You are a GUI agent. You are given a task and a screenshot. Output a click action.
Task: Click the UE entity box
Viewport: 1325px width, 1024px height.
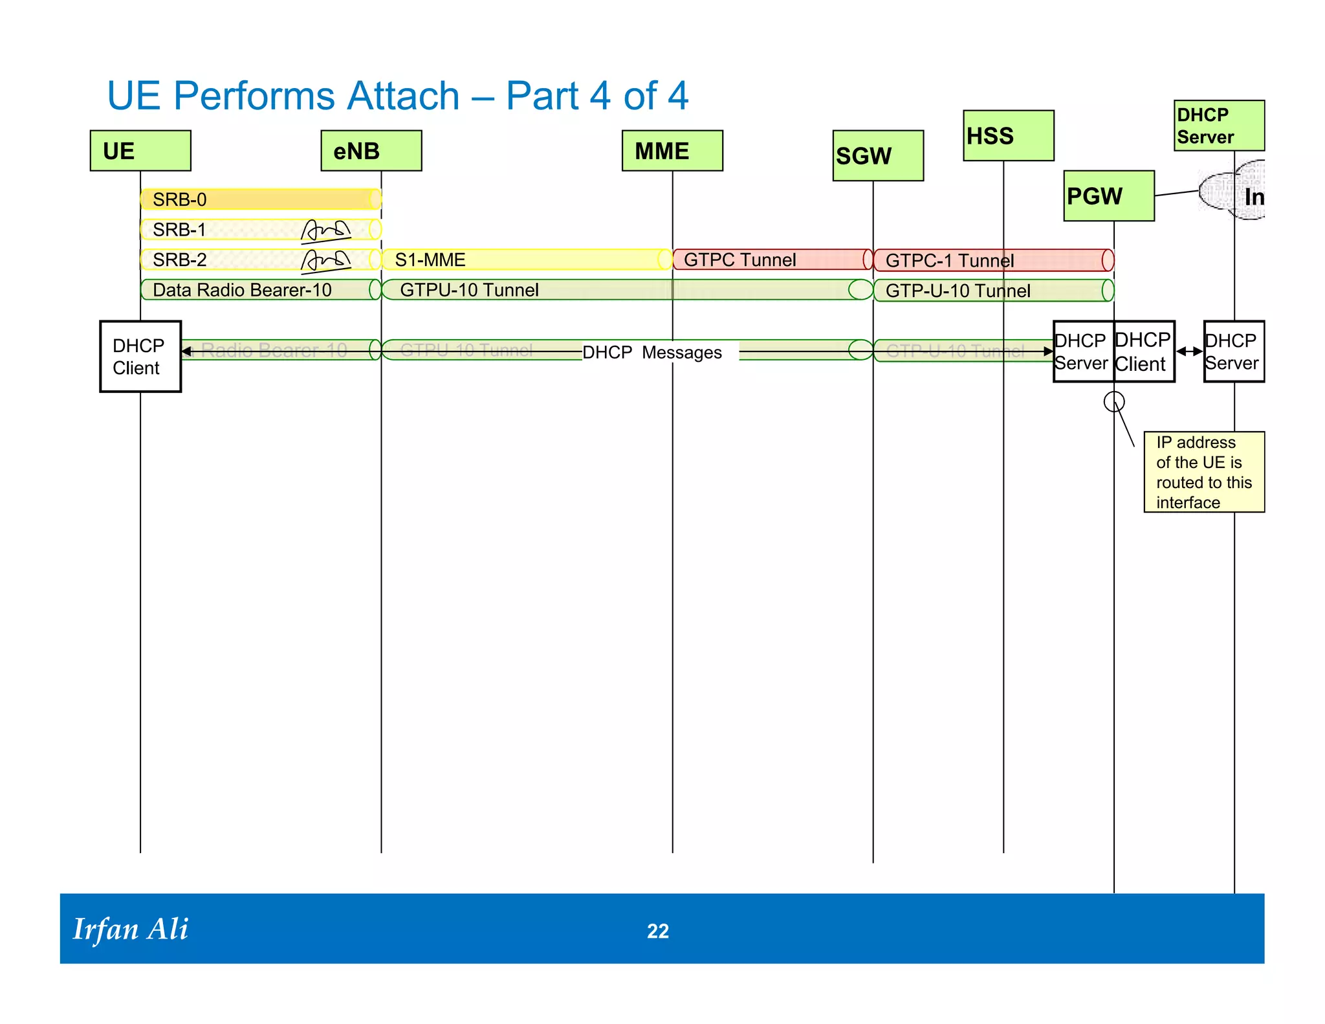(x=140, y=151)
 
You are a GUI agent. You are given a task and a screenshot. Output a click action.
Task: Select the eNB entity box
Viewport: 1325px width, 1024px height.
(x=371, y=151)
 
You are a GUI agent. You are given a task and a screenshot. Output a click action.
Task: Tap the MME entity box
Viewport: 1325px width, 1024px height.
(x=672, y=151)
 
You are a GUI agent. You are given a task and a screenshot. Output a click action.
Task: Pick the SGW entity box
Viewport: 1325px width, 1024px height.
(x=878, y=156)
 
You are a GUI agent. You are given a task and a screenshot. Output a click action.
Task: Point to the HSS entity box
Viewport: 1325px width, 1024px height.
(x=1008, y=136)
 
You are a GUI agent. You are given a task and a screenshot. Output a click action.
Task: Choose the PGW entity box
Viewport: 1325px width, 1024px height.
(x=1109, y=196)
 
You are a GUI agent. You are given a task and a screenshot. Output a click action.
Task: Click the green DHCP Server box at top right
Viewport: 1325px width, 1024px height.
(x=1219, y=126)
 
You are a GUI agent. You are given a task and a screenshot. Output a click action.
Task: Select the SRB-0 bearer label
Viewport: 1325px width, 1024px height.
(x=180, y=200)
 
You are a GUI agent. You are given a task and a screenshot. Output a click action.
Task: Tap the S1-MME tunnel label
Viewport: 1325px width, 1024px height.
(x=430, y=260)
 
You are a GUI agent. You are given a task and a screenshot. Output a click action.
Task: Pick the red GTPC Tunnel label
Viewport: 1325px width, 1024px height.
(x=739, y=260)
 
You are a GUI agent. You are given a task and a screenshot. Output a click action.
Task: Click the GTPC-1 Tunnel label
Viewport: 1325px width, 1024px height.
(x=949, y=261)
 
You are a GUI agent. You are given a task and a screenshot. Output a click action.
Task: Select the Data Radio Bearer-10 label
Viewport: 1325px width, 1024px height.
(x=242, y=290)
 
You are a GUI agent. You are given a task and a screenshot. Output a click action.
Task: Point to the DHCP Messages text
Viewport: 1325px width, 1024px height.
(x=652, y=353)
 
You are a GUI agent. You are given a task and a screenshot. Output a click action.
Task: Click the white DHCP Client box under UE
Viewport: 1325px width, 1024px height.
(x=140, y=357)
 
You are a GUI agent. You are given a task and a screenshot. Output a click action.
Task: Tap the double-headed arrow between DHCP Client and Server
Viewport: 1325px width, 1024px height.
(x=1189, y=351)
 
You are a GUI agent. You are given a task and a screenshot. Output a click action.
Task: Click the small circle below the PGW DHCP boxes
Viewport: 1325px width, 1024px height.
(x=1114, y=402)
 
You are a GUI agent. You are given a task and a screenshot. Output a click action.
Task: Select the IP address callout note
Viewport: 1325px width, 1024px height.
(x=1203, y=472)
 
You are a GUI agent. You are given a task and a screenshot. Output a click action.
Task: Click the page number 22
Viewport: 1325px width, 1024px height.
(x=658, y=931)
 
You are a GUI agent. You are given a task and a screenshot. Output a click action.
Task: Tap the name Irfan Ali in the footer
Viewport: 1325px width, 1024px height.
(x=131, y=929)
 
